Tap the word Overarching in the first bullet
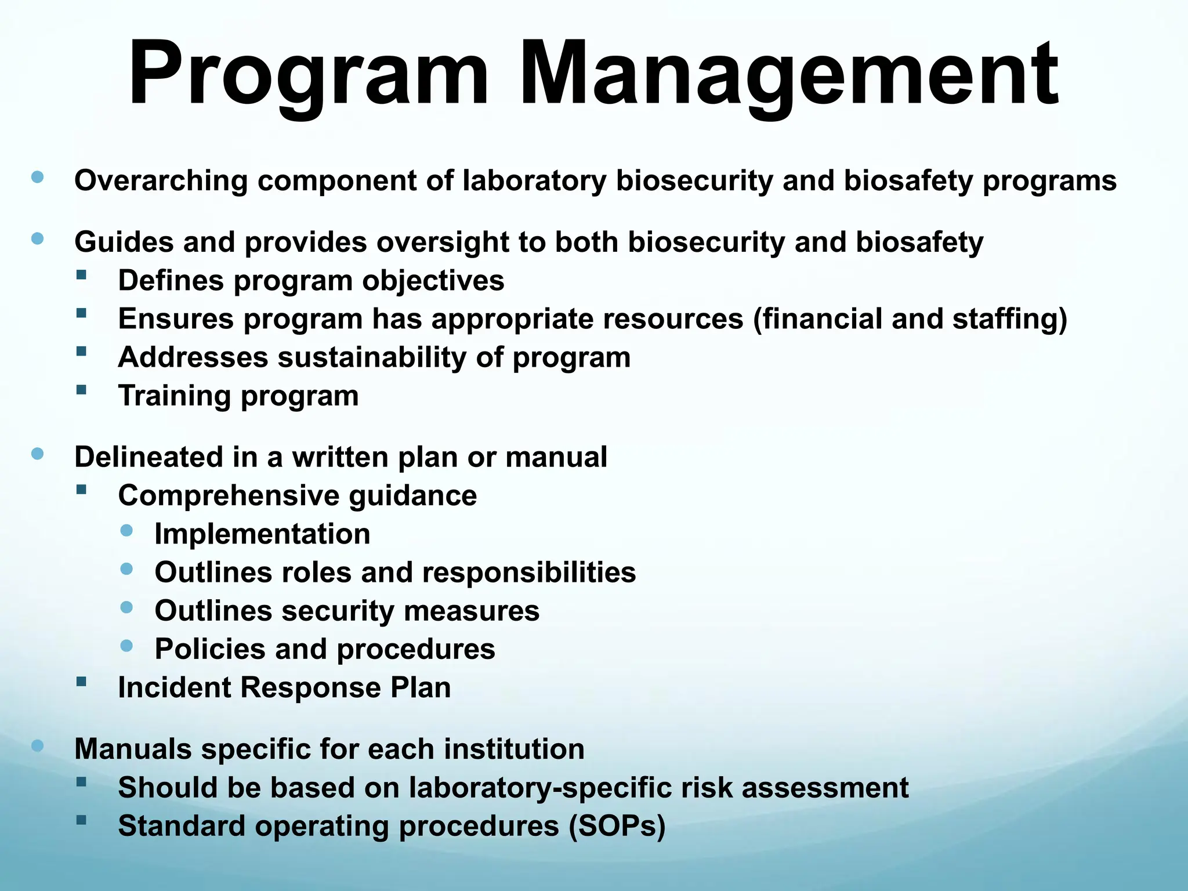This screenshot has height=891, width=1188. tap(161, 180)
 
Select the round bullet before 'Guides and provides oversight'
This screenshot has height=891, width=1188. tap(38, 238)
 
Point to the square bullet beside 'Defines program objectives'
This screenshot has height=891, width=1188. tap(81, 275)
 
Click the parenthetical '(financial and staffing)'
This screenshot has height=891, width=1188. tap(910, 319)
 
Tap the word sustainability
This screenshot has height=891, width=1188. tap(372, 357)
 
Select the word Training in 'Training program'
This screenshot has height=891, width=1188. tap(175, 396)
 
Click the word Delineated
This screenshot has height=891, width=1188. tap(148, 457)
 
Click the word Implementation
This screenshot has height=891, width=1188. tap(262, 534)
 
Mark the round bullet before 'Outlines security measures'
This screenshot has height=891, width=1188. tap(127, 607)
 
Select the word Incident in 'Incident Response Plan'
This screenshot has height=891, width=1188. tap(174, 688)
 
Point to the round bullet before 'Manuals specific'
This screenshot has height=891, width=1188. tap(38, 745)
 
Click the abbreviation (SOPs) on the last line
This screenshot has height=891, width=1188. tap(617, 826)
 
